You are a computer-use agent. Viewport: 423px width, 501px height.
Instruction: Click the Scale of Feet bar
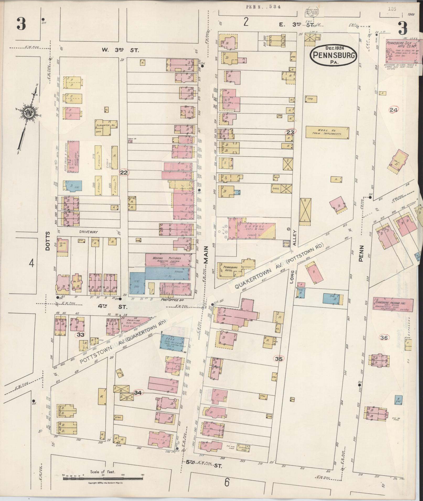click(x=103, y=478)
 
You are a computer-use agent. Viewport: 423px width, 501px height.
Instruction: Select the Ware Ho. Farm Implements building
click(x=328, y=132)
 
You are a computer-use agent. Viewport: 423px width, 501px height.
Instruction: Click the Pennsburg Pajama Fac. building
click(x=393, y=304)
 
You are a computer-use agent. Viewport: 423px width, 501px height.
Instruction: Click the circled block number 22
click(x=124, y=173)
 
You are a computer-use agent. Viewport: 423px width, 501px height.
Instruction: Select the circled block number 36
click(x=384, y=338)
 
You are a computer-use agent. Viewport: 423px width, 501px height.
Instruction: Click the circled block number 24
click(x=393, y=110)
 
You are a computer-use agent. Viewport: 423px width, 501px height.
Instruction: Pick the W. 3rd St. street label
click(x=118, y=50)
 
